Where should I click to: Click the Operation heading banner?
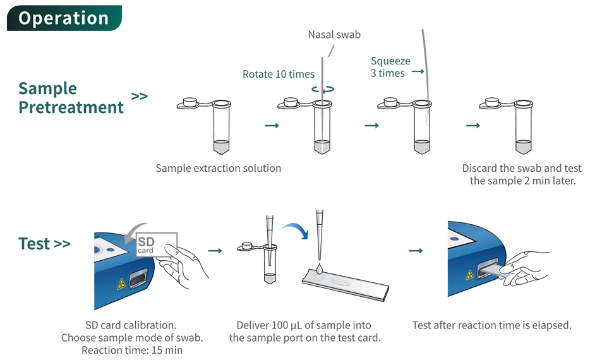(x=63, y=18)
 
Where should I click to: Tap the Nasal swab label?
(x=334, y=34)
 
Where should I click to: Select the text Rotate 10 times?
(x=278, y=74)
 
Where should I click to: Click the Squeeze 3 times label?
(x=390, y=67)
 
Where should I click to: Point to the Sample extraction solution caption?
(x=218, y=168)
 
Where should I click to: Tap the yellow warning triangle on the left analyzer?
(x=121, y=284)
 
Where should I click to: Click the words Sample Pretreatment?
(x=71, y=98)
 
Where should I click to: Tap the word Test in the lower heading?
(x=34, y=244)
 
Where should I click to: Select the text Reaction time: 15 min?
(x=131, y=350)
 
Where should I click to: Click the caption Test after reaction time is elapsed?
(x=491, y=325)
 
